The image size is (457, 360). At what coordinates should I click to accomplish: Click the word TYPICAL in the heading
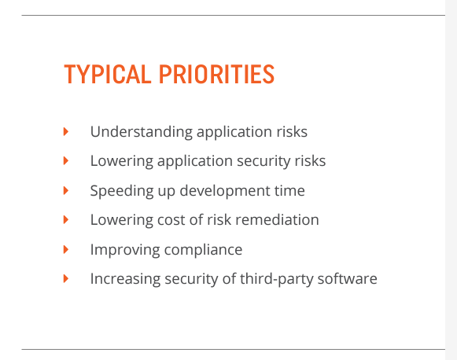click(107, 74)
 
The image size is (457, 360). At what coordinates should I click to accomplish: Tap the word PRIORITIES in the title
click(216, 74)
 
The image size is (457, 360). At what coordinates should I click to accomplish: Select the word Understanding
click(142, 132)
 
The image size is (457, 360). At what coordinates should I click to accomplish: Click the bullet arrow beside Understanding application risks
click(66, 131)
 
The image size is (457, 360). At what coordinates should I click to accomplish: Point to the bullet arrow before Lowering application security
click(66, 161)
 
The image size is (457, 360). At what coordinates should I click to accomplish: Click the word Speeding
click(122, 191)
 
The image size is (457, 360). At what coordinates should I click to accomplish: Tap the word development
click(225, 191)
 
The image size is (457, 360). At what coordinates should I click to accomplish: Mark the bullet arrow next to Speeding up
click(66, 190)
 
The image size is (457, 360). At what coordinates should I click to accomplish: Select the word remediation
click(277, 219)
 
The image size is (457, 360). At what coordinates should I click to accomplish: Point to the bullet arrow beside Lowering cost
click(66, 219)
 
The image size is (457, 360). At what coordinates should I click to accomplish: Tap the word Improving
click(125, 250)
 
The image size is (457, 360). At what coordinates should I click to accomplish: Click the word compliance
click(203, 250)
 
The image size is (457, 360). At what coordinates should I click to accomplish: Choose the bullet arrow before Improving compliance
click(66, 249)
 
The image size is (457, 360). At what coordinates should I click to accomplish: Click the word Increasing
click(125, 279)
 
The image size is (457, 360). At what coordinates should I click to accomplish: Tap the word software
click(348, 278)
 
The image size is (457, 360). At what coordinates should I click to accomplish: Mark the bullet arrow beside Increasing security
click(66, 278)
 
